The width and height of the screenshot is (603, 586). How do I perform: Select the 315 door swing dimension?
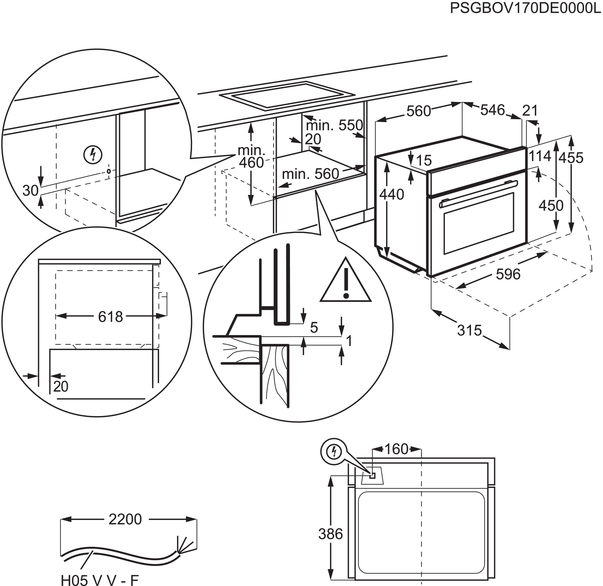click(469, 330)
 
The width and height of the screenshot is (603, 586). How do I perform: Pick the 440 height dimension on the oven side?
click(391, 195)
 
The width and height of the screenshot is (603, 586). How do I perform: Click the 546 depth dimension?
click(493, 110)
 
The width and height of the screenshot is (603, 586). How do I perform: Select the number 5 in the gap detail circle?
click(314, 328)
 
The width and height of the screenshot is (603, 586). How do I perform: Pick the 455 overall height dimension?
click(571, 158)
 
